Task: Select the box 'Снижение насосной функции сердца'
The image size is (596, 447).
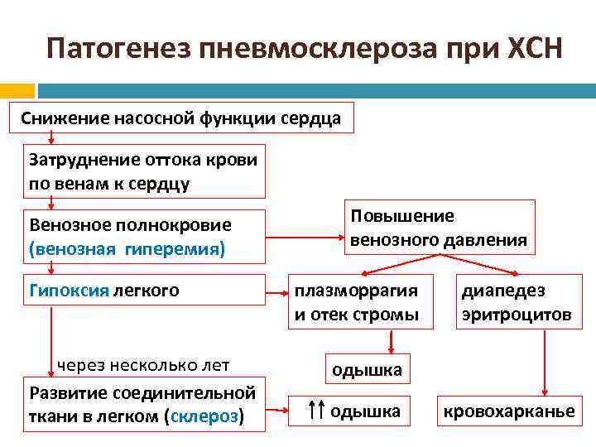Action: (180, 118)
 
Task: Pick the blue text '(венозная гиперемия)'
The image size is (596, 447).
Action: (127, 248)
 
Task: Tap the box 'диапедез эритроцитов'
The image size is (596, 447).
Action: (516, 302)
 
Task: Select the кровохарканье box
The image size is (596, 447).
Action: (509, 411)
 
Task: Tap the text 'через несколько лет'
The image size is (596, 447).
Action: (142, 364)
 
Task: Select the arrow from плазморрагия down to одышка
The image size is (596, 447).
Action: (391, 342)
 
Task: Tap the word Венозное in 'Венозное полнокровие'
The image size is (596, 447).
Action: (67, 225)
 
